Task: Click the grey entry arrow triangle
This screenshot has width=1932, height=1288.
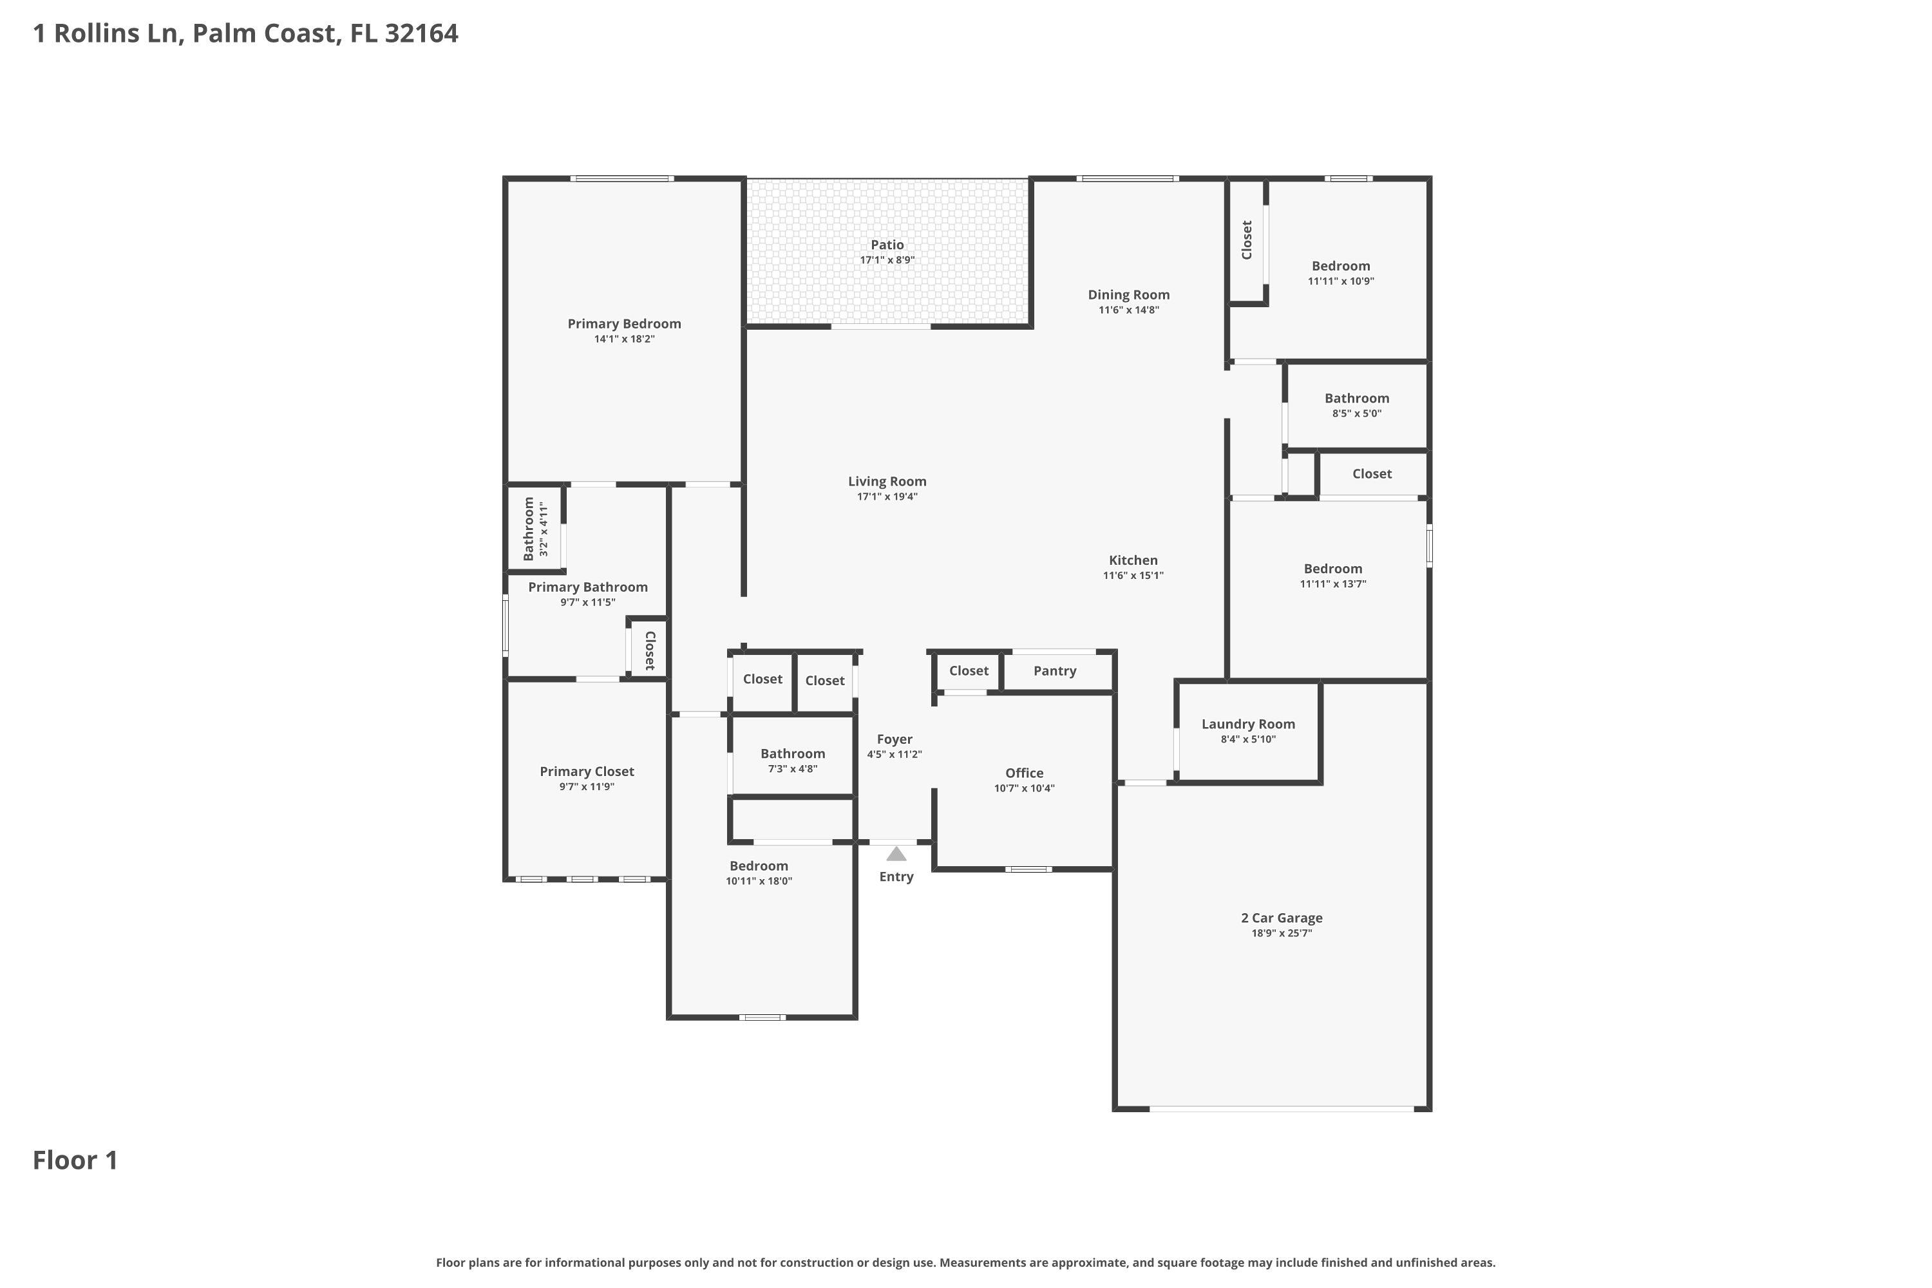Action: click(x=896, y=855)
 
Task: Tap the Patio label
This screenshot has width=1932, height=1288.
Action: click(x=887, y=245)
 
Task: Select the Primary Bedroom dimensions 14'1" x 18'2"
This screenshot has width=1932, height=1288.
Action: click(x=624, y=339)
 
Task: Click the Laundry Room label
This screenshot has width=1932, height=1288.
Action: click(x=1248, y=724)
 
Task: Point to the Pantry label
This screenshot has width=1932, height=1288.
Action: click(x=1055, y=671)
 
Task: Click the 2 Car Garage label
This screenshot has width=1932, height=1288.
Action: click(x=1282, y=918)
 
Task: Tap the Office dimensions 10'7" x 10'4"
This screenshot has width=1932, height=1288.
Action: click(x=1025, y=788)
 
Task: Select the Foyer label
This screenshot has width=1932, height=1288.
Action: click(x=895, y=739)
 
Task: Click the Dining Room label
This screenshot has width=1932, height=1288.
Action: click(x=1129, y=295)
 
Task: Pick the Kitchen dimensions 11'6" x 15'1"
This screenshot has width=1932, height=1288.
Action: click(x=1133, y=576)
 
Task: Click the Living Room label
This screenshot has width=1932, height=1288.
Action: click(x=887, y=481)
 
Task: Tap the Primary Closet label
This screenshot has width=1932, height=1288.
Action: click(x=587, y=772)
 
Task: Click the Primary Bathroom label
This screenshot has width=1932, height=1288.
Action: click(x=587, y=587)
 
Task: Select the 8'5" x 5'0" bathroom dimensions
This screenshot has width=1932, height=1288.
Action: click(x=1356, y=414)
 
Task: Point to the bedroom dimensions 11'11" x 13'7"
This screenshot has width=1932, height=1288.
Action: click(x=1332, y=584)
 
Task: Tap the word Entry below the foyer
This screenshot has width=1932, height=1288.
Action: click(x=896, y=876)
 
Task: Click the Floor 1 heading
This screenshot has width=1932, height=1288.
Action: click(x=75, y=1160)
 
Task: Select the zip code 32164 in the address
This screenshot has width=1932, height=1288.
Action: click(x=421, y=33)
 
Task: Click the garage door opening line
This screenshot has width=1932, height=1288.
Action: click(x=1282, y=1109)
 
